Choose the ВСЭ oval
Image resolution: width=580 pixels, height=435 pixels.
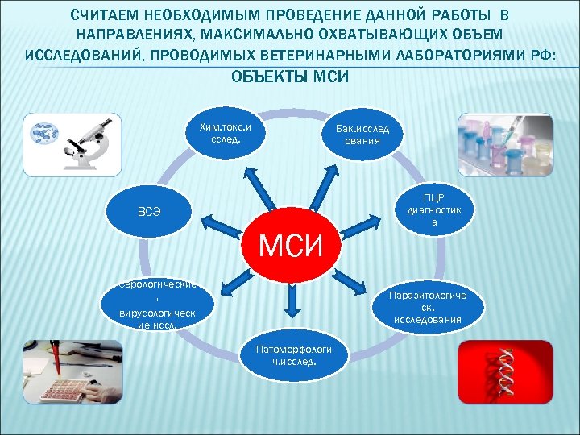coord(148,213)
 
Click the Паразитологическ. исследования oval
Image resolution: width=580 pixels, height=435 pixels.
coord(427,307)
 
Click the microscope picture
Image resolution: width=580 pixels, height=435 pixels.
coord(72,143)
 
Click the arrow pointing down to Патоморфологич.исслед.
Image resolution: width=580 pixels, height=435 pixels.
coord(292,302)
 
